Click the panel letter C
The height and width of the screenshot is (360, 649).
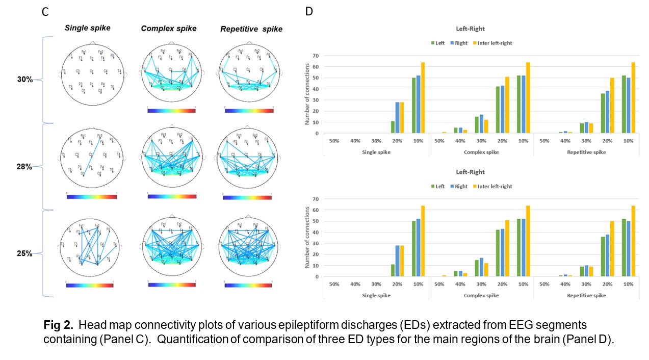coord(45,12)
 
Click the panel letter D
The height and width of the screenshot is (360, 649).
coord(308,12)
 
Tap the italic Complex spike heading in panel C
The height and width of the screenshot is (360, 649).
coord(168,29)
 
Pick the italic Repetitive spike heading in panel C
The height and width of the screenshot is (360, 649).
coord(251,29)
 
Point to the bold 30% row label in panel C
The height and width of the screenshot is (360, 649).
coord(25,80)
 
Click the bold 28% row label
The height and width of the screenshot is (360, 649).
coord(25,167)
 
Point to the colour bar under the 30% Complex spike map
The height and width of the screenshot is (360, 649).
coord(171,110)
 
